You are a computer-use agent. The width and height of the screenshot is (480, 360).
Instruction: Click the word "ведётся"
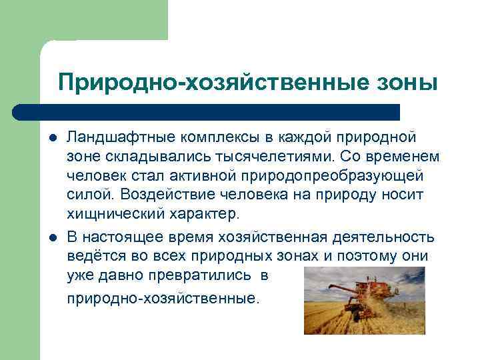point(93,257)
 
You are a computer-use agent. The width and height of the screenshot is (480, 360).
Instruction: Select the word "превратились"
point(197,276)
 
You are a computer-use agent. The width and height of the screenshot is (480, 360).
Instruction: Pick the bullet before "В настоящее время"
point(53,238)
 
